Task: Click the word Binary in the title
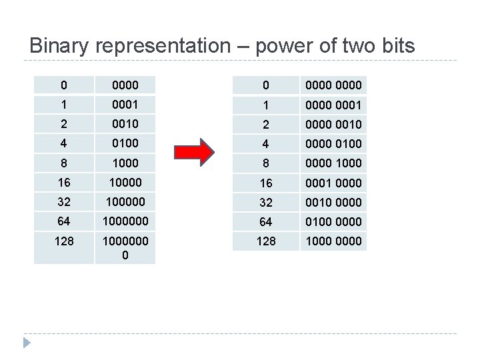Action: (x=60, y=46)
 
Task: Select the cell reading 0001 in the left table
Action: (x=125, y=105)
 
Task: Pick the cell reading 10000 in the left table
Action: (x=125, y=182)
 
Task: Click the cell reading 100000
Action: (x=125, y=201)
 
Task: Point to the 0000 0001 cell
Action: (x=333, y=105)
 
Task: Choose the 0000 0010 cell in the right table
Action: (x=333, y=124)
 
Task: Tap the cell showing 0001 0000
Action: (x=333, y=182)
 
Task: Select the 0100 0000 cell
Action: (x=333, y=221)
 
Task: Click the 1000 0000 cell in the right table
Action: (x=333, y=241)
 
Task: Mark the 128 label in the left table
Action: (x=63, y=241)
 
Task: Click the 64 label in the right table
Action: (x=265, y=221)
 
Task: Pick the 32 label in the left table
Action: (x=63, y=201)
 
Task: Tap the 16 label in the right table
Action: (x=265, y=182)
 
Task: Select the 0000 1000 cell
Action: (x=333, y=163)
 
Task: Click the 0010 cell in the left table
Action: (x=125, y=124)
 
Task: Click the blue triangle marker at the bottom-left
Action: (x=27, y=344)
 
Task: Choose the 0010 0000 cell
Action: (x=333, y=202)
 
